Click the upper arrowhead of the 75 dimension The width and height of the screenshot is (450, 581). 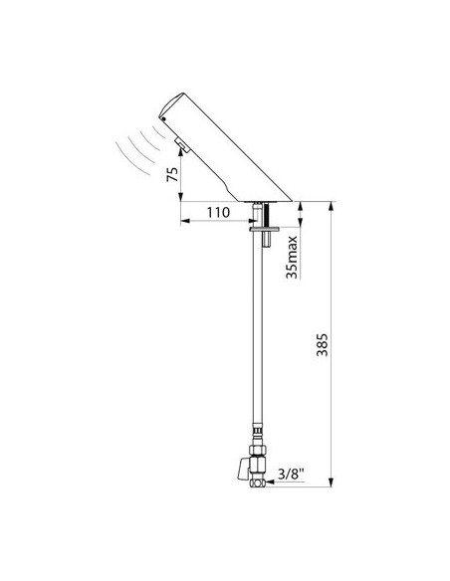pos(183,155)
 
